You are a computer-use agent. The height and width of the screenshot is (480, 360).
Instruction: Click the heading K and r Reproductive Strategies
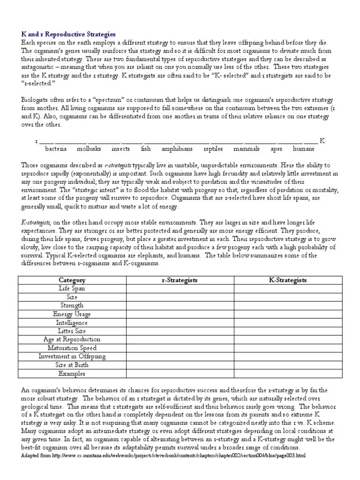[x=68, y=34]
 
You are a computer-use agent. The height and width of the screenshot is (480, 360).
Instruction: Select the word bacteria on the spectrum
[x=56, y=149]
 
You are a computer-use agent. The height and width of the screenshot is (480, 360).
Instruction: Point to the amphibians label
[x=177, y=149]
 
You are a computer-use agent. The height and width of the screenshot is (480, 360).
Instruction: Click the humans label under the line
[x=303, y=149]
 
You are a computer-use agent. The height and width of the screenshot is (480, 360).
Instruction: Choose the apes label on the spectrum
[x=276, y=149]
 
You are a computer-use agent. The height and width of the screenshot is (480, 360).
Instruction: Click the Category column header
[x=72, y=280]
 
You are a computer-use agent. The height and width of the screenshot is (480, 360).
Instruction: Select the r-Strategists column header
[x=180, y=280]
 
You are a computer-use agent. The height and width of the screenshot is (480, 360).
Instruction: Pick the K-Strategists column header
[x=287, y=280]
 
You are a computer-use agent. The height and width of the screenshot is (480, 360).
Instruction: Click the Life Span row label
[x=72, y=288]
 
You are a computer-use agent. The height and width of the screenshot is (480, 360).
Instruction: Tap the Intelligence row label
[x=72, y=322]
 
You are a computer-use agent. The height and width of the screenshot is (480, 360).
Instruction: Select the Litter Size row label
[x=72, y=331]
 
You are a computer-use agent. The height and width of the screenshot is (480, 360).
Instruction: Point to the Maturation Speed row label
[x=72, y=348]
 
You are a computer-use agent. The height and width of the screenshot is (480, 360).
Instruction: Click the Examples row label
[x=72, y=374]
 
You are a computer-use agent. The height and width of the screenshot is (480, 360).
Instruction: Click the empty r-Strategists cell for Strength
[x=180, y=306]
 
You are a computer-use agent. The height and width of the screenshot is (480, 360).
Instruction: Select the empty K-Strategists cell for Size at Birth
[x=287, y=365]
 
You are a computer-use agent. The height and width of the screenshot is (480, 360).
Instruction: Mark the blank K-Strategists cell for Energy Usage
[x=287, y=314]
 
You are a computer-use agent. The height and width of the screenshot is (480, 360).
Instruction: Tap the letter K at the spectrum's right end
[x=322, y=141]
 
